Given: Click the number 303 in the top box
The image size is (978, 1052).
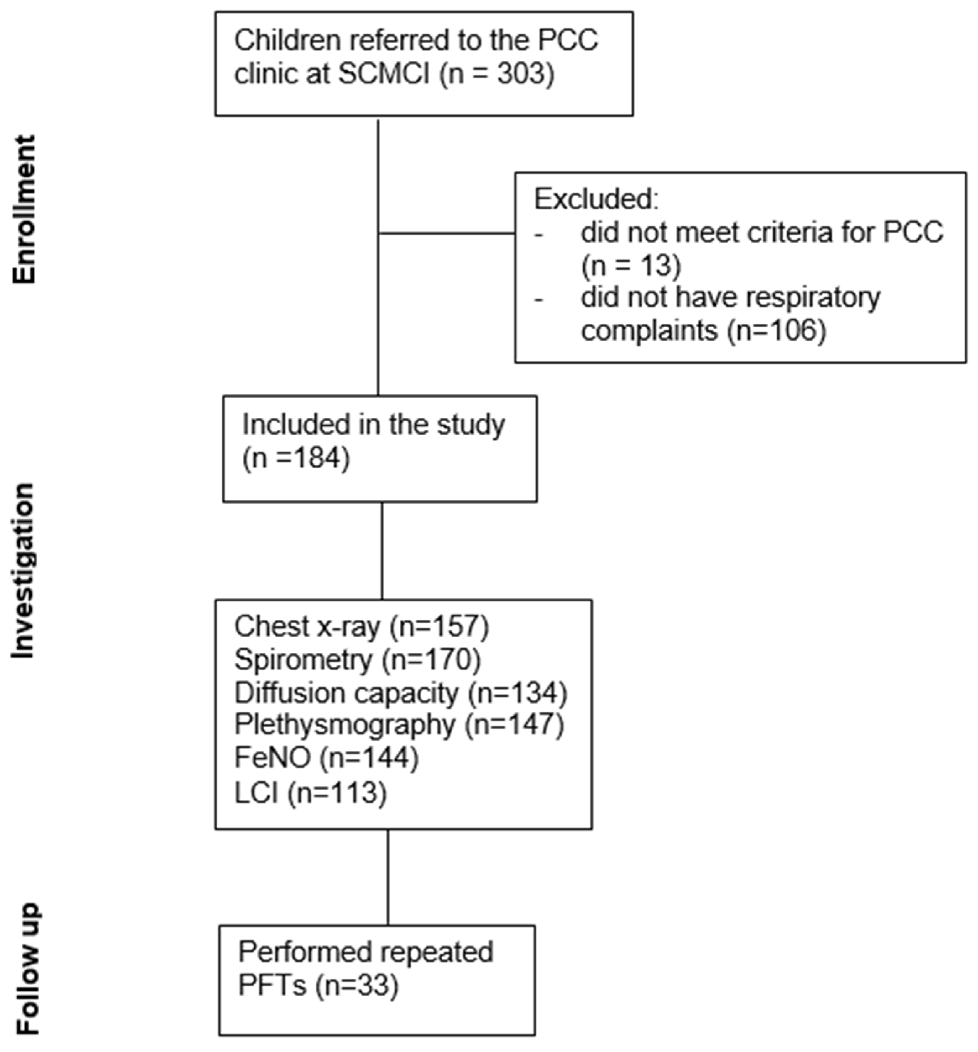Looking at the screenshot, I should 520,74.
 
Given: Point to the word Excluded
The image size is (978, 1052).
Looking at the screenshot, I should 596,199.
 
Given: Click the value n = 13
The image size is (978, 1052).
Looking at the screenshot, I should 631,265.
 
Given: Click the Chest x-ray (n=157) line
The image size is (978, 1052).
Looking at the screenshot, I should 361,626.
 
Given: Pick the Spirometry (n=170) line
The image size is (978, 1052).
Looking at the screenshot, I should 358,659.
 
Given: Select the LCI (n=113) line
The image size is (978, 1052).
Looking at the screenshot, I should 311,792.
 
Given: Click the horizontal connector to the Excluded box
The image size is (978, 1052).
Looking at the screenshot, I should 447,233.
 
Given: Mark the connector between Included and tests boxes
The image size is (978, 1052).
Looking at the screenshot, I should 382,550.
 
